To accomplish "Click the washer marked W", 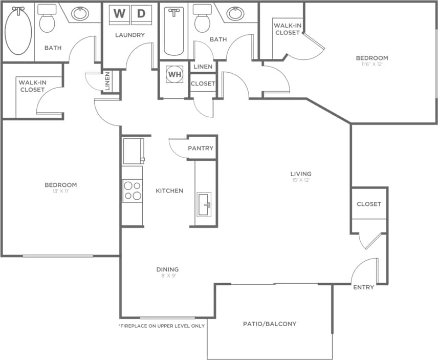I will (119, 13).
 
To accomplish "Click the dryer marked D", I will (141, 13).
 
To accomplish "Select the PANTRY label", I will (201, 149).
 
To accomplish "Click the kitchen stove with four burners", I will (132, 191).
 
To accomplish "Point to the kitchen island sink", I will (204, 205).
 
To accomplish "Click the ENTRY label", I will (364, 287).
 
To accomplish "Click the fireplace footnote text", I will (162, 326).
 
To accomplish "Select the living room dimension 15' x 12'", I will (300, 180).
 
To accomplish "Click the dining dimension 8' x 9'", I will (168, 276).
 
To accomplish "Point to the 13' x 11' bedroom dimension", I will (60, 192).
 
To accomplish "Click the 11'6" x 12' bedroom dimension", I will (372, 65).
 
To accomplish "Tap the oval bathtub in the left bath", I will (18, 30).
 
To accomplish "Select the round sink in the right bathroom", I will (235, 13).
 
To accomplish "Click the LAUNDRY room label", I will (130, 35).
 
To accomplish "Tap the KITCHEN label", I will (169, 191).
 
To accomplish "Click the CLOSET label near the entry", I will (369, 204).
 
